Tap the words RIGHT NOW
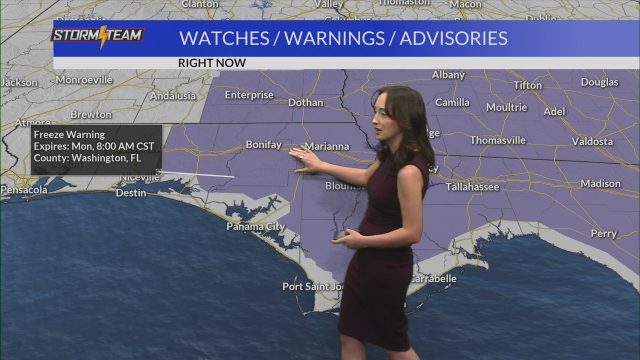(212, 63)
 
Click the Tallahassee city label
(472, 187)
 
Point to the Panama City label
(256, 227)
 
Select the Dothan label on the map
(305, 103)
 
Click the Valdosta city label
(592, 142)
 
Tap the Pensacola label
(24, 190)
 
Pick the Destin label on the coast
(131, 193)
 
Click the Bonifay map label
(263, 145)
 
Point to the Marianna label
(327, 146)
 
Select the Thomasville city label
(498, 140)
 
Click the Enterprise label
(249, 95)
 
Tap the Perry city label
(603, 233)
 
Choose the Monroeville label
(84, 80)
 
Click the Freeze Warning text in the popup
(69, 135)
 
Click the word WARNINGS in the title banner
(334, 38)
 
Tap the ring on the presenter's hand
(301, 157)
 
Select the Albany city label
(448, 75)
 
